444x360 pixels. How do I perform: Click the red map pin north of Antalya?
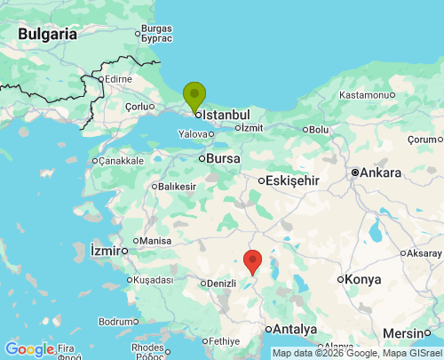tap(253, 261)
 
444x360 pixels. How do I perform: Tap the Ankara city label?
tap(381, 172)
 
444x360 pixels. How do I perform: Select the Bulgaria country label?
tap(46, 34)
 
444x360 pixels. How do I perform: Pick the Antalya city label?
tap(296, 330)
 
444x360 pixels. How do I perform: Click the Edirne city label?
tap(118, 79)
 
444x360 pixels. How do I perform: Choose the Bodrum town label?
tap(115, 321)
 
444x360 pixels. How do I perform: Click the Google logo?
tap(29, 349)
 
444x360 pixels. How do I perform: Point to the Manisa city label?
tap(155, 241)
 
